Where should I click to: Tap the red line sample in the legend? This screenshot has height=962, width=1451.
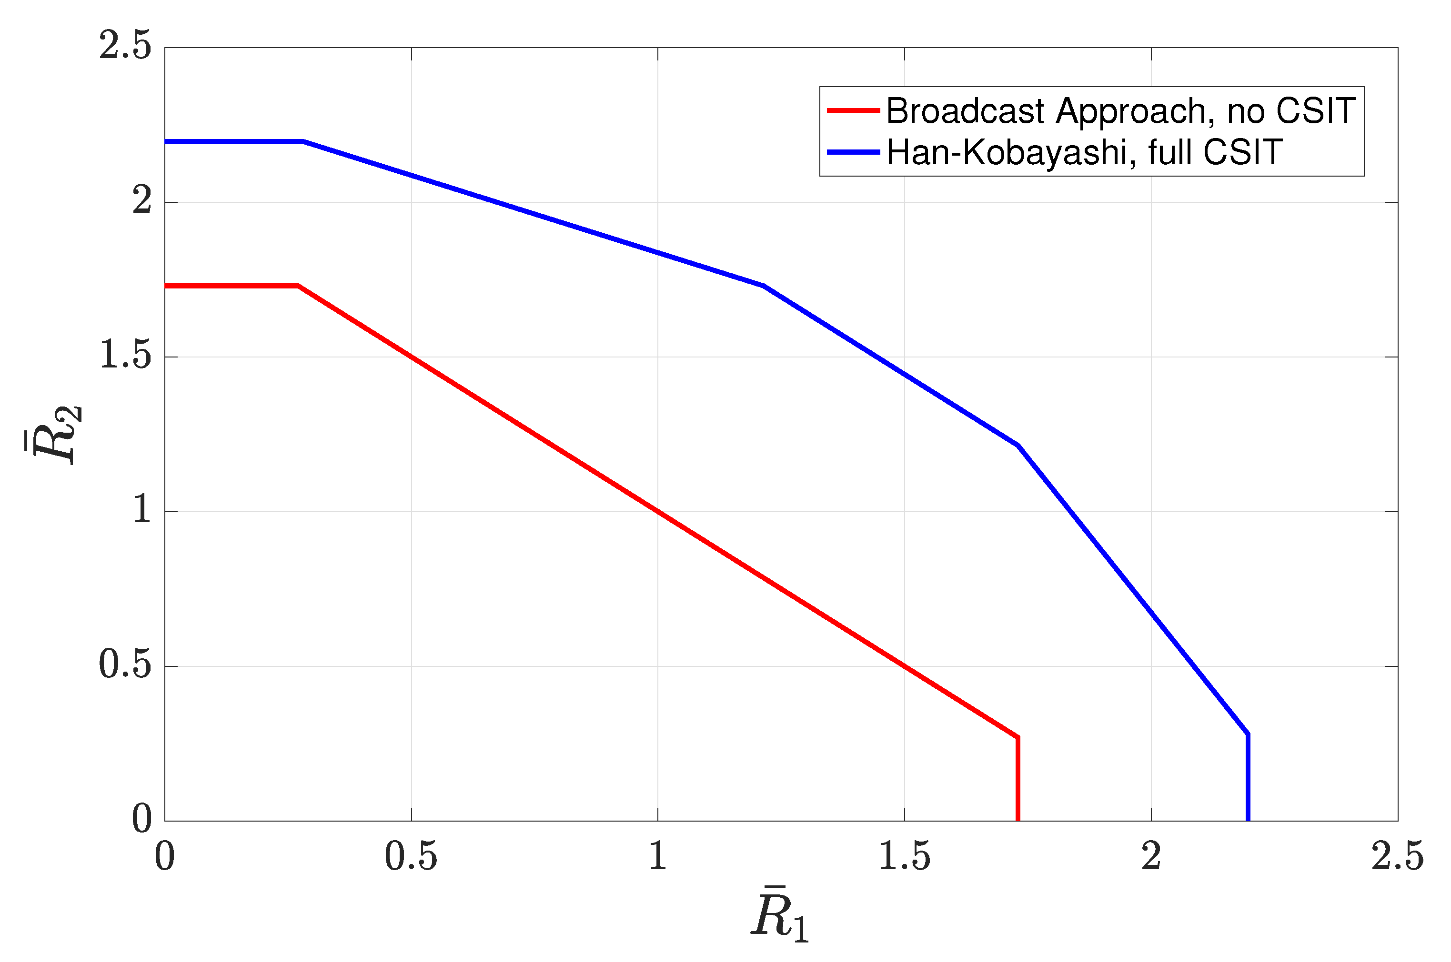[x=853, y=111]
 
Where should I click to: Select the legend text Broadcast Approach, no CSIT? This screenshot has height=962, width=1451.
[x=1120, y=111]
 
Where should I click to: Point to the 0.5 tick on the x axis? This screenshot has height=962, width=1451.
[x=411, y=856]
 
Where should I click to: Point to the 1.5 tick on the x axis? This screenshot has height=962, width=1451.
[x=904, y=856]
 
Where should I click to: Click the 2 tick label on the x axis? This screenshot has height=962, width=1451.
[x=1151, y=856]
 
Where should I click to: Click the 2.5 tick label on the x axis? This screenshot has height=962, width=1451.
[x=1398, y=856]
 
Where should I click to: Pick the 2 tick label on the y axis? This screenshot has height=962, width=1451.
[x=142, y=202]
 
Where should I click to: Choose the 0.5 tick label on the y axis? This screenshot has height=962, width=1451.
[x=125, y=665]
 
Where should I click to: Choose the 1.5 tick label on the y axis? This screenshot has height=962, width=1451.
[x=125, y=357]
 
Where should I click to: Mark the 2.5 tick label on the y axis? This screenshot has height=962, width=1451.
[x=125, y=47]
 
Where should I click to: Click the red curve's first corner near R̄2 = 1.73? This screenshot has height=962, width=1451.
[x=298, y=286]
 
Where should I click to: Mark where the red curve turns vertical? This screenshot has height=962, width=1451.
[x=1018, y=737]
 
